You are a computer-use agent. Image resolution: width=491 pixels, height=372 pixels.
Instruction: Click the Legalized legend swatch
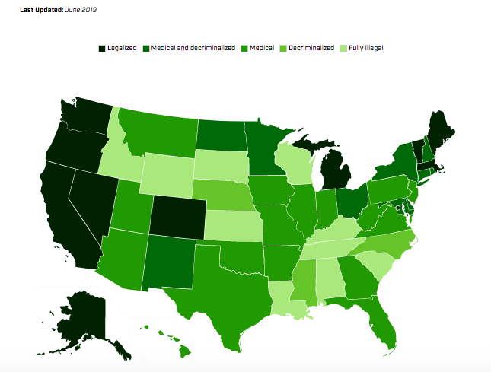101,48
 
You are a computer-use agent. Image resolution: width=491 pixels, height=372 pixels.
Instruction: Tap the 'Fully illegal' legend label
366,48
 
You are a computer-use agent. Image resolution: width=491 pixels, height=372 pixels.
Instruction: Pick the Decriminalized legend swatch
287,48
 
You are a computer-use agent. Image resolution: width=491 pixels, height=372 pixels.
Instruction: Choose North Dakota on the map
222,135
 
